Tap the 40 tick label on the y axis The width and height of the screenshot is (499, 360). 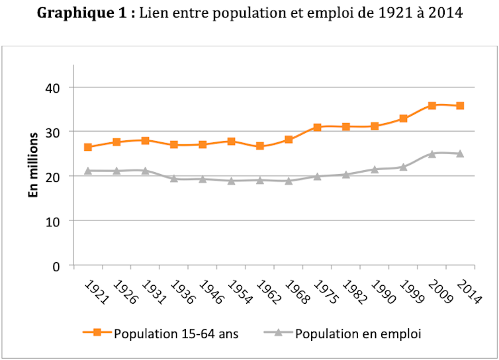point(52,88)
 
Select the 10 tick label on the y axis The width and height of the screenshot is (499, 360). point(52,221)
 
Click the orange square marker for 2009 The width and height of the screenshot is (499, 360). point(431,105)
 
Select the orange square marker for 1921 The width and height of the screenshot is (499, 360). point(88,147)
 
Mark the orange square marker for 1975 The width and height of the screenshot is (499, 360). point(317,127)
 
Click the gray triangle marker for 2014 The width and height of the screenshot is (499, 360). point(460,154)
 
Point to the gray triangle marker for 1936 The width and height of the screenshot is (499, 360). point(173,178)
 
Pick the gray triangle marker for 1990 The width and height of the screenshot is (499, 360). point(375,169)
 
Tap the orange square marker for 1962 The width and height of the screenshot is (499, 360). point(259,146)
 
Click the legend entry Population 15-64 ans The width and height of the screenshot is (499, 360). point(175,333)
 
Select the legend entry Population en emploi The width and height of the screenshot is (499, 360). point(358,333)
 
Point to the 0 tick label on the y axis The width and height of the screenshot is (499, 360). point(56,265)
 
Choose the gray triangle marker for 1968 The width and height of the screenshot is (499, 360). point(289,180)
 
